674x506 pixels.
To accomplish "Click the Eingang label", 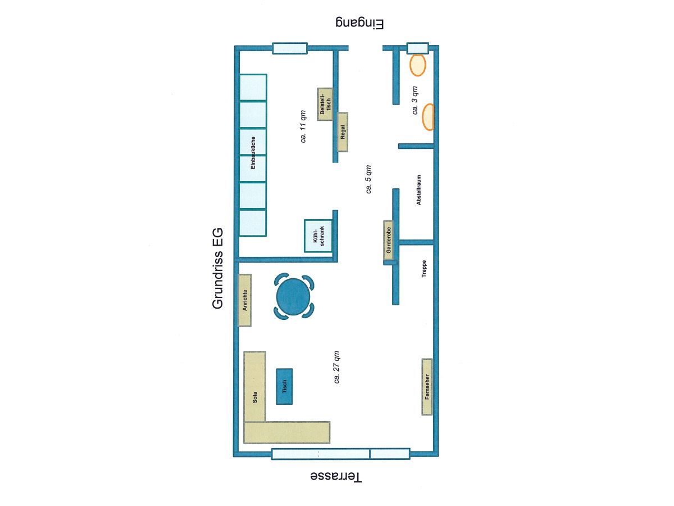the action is (x=359, y=24).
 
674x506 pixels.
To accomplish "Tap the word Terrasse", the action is (x=336, y=477).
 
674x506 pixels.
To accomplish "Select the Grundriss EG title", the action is (x=217, y=268).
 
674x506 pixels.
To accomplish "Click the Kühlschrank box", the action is (x=318, y=236).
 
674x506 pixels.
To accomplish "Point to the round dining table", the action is (x=293, y=297).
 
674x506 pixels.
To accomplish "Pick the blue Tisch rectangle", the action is (x=284, y=386).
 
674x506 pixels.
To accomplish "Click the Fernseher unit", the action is (x=427, y=387).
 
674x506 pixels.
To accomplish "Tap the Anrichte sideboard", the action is (x=245, y=300).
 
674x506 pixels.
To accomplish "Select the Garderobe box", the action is (x=389, y=240).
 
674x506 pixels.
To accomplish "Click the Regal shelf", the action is (x=343, y=132).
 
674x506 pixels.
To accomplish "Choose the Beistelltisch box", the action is (x=325, y=104).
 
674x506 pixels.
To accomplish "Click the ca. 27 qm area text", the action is (x=336, y=367).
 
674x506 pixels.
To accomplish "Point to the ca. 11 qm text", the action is (x=303, y=126).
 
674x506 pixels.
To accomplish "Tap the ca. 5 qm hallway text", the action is (x=368, y=179).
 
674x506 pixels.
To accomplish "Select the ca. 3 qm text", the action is (x=415, y=100).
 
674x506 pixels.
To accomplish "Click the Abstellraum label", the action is (x=418, y=190).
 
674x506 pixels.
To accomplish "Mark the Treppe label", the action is (x=423, y=269).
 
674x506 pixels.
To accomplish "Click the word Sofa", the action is (x=254, y=397).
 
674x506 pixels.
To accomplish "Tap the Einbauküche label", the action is (x=253, y=153).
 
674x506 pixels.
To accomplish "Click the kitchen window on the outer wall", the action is (x=290, y=48).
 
